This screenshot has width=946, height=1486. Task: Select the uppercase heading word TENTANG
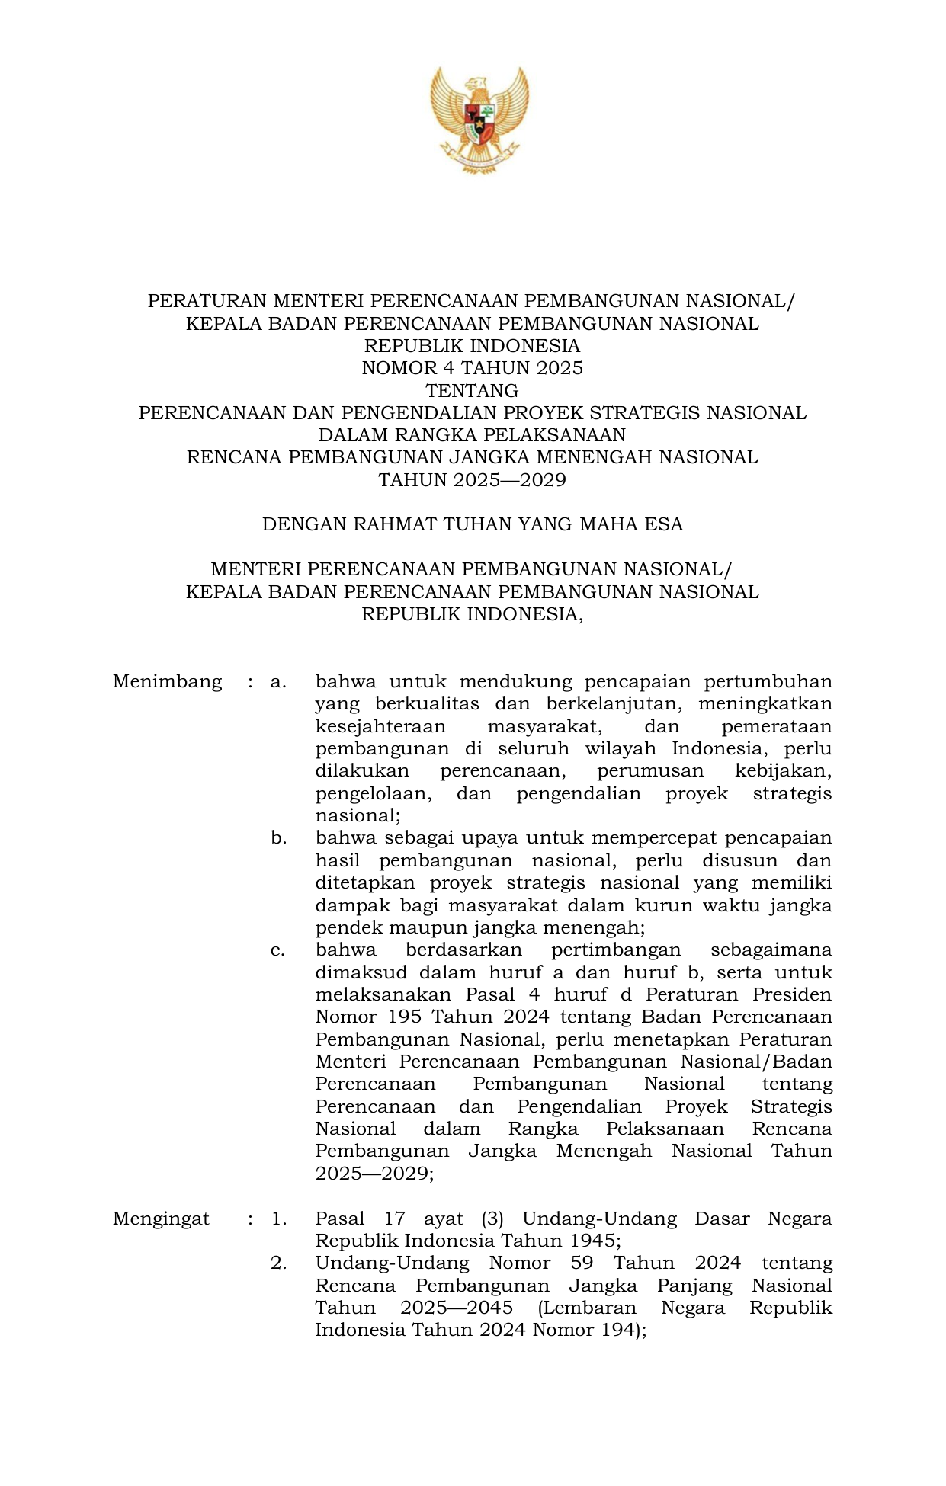coord(472,391)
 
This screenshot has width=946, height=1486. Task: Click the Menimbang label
coord(167,681)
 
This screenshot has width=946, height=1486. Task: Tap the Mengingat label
coord(161,1219)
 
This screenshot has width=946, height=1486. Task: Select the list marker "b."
coord(278,838)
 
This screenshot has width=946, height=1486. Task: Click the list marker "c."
coord(278,950)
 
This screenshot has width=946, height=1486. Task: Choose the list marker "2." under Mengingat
coord(278,1263)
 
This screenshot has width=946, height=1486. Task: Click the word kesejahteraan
coord(380,726)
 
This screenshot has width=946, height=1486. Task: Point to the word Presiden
coord(792,995)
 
